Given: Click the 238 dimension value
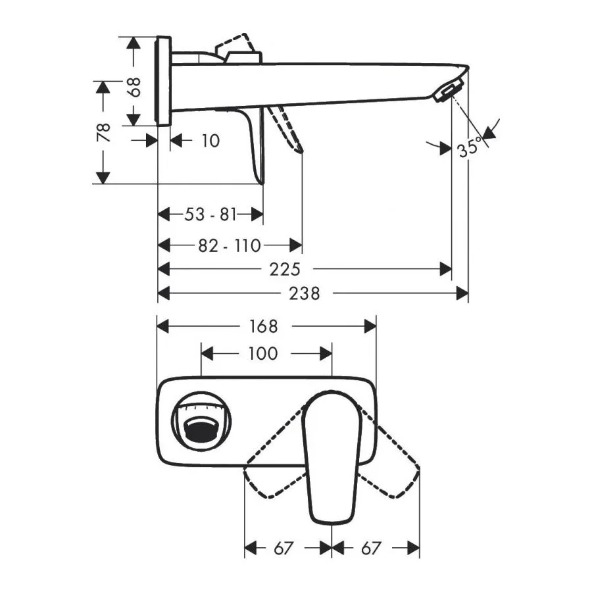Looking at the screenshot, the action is coord(305,293).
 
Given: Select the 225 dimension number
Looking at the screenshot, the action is coord(285,270).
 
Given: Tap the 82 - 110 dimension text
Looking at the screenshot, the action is coord(230,246).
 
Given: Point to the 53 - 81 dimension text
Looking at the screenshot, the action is coord(210,214).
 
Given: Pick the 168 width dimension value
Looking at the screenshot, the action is coord(263,326).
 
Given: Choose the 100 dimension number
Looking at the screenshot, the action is coord(263,354).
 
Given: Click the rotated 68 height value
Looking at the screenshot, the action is coord(134,87).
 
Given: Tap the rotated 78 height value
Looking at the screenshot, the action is coord(103,132).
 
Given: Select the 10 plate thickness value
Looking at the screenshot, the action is coord(210,141).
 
